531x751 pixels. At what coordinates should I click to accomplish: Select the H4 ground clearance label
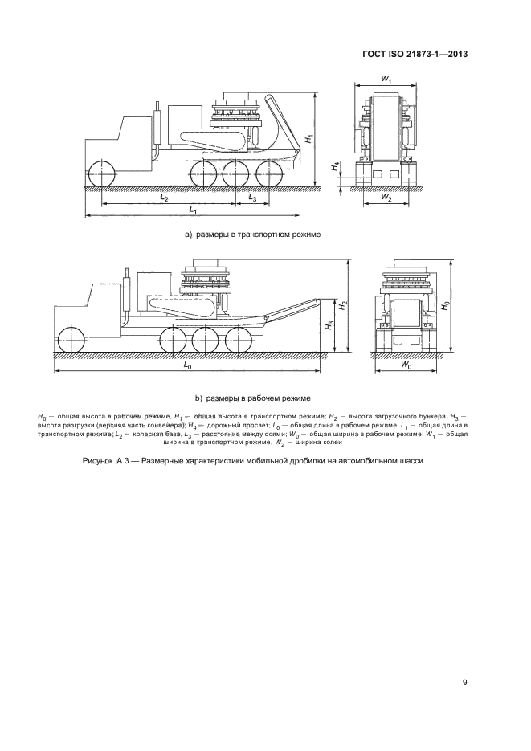click(x=337, y=168)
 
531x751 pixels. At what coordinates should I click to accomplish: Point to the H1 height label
click(x=308, y=137)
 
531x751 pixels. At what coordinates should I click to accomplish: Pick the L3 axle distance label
click(x=251, y=196)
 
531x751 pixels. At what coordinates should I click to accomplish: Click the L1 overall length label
click(x=192, y=209)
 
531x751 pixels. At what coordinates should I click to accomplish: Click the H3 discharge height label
click(x=329, y=325)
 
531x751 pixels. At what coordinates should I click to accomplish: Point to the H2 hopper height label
click(x=343, y=305)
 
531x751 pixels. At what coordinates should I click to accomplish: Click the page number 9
click(x=465, y=683)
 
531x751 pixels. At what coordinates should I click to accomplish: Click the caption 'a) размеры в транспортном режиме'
click(x=252, y=235)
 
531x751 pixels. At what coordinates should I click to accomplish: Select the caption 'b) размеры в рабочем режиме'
click(x=252, y=398)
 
